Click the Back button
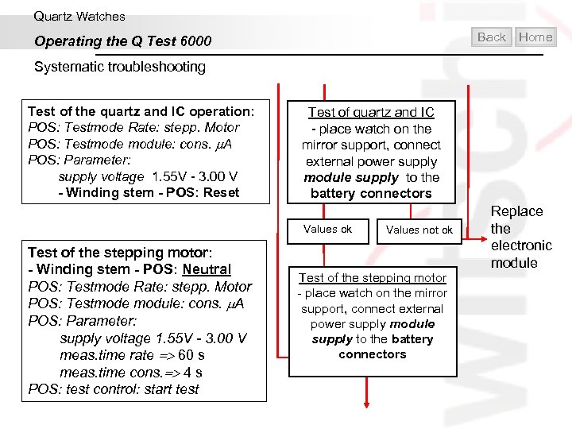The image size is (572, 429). click(492, 37)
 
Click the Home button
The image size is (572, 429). click(535, 37)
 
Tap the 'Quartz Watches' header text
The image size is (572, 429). click(79, 16)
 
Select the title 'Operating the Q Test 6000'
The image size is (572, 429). click(122, 41)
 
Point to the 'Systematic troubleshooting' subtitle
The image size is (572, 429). click(119, 67)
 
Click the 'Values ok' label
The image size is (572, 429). click(327, 229)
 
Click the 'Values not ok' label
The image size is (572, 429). click(419, 230)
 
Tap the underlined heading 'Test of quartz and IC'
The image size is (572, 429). click(371, 113)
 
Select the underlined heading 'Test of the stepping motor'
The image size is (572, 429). click(372, 277)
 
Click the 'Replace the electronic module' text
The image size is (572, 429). click(520, 237)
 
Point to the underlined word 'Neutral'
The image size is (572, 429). click(207, 269)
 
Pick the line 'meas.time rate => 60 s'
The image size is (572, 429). click(132, 355)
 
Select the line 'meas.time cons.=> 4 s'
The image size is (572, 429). click(130, 372)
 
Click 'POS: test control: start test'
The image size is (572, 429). click(114, 389)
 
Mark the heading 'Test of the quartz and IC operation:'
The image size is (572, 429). click(141, 111)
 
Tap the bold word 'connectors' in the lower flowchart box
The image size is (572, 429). click(372, 354)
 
